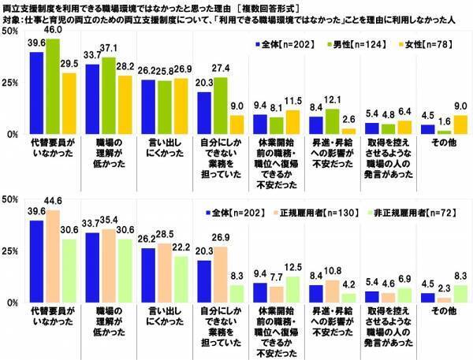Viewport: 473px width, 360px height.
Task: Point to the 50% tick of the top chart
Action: pyautogui.click(x=11, y=31)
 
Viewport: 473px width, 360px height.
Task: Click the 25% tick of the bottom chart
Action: pyautogui.click(x=11, y=251)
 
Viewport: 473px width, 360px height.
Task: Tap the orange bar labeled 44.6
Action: pyautogui.click(x=53, y=258)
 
